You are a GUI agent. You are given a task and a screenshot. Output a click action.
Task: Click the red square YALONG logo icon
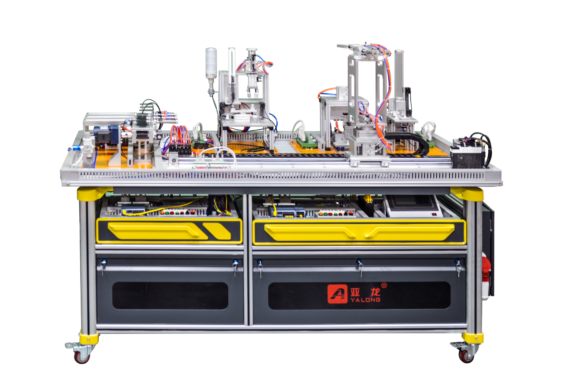tap(337, 294)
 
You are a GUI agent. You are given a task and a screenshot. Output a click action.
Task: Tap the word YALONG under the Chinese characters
tap(365, 300)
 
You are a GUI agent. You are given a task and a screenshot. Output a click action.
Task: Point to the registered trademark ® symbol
tap(384, 285)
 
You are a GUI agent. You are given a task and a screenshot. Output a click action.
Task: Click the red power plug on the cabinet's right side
tap(486, 270)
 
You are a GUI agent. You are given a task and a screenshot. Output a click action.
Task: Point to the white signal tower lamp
tap(211, 63)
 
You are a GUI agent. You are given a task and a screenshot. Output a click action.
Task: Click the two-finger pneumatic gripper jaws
tap(252, 93)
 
